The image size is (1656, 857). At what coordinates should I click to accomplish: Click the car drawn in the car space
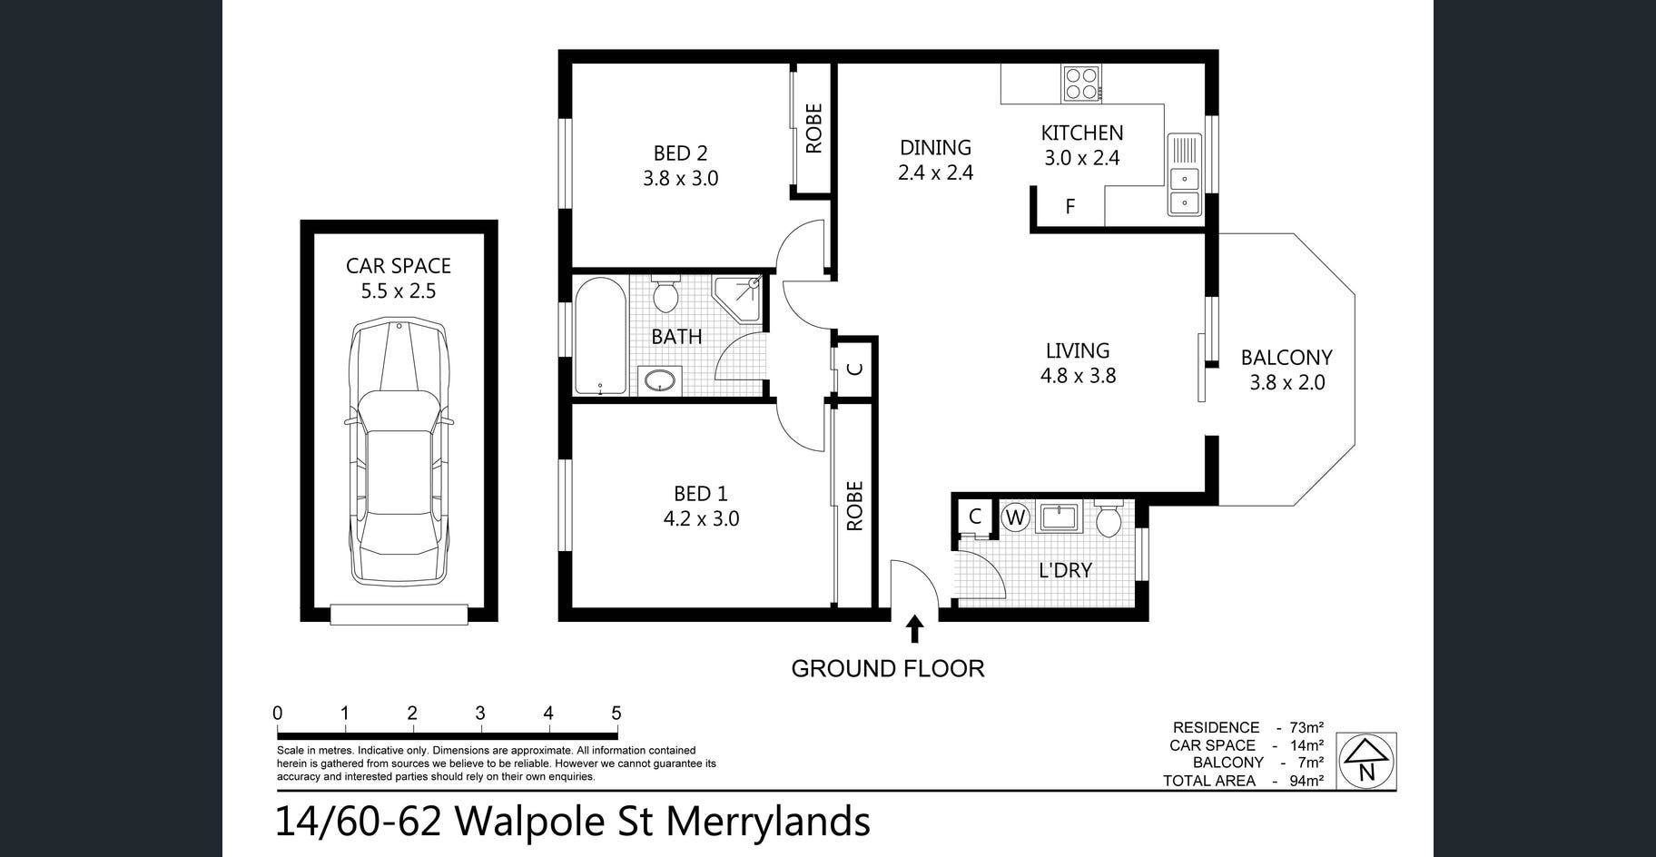point(399,452)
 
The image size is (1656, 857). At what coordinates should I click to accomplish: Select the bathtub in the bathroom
point(600,336)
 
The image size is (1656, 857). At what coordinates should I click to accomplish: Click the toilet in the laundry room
point(1109,517)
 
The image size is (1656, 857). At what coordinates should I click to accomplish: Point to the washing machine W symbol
point(1015,518)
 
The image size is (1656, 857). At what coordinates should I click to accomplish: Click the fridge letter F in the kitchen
point(1070,206)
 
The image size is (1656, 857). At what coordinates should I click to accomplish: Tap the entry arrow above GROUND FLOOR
point(914,628)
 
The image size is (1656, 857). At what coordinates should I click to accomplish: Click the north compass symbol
point(1366,761)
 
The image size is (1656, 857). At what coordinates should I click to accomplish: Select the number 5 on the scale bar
point(616,714)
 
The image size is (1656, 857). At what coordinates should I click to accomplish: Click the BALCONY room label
point(1286,358)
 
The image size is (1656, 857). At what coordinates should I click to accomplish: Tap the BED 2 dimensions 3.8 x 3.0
point(681,179)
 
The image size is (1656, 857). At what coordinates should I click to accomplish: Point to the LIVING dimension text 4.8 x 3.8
point(1078,375)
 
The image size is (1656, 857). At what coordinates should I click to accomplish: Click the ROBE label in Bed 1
point(854,506)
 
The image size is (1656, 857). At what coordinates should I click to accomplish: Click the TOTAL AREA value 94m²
point(1306,781)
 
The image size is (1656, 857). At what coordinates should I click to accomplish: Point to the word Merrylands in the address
point(768,823)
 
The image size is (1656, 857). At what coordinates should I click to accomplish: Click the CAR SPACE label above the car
point(399,266)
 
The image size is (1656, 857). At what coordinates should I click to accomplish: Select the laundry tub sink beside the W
point(1058,517)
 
